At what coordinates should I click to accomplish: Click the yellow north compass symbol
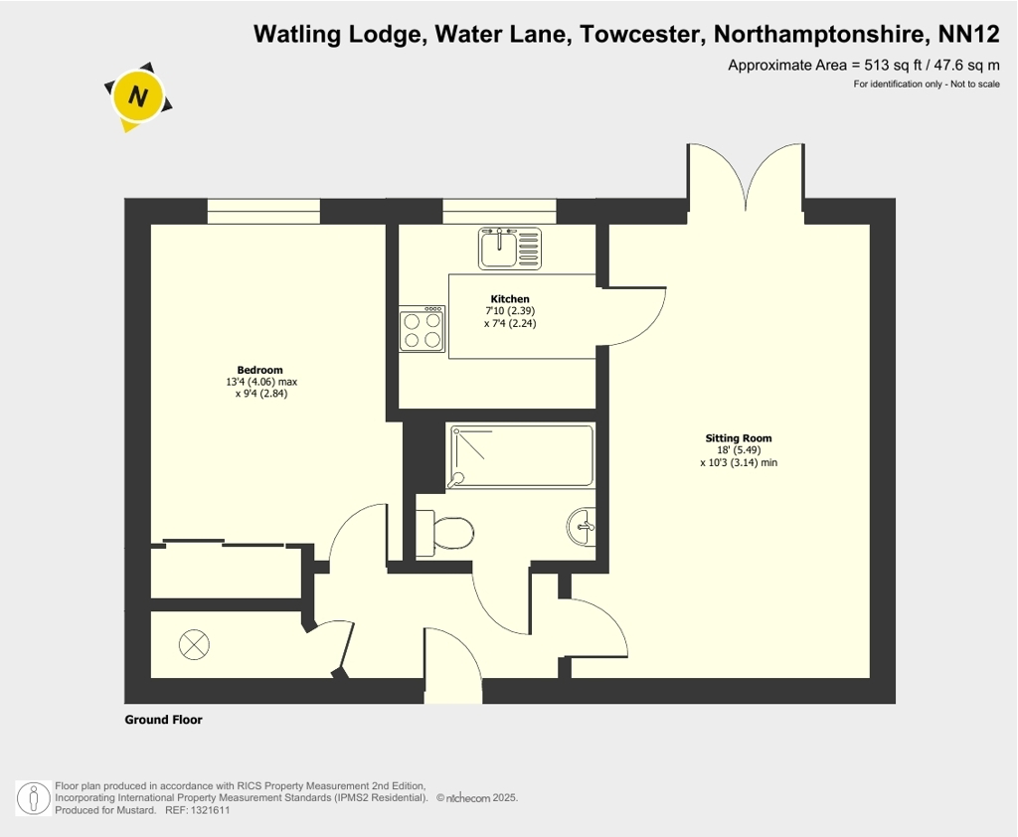coord(137,96)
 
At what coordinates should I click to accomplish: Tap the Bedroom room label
coord(259,370)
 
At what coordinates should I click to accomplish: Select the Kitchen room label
coord(510,299)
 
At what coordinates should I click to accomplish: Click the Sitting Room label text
coord(739,438)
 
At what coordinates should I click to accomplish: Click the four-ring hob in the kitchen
coord(422,329)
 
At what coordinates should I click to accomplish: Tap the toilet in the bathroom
coord(444,534)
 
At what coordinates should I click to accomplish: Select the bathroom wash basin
coord(582,527)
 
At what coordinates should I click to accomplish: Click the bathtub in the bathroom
coord(521,456)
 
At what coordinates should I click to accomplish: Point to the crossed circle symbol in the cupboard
coord(194,645)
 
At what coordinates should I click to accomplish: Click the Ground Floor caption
coord(164,720)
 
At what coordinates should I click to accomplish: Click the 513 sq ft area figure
coord(893,65)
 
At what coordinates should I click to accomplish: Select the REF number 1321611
coord(210,810)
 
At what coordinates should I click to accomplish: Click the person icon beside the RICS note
coord(33,798)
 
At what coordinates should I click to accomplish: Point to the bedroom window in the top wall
coord(263,212)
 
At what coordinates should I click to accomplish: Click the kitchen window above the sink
coord(499,212)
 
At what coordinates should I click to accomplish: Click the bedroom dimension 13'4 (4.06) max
coord(261,382)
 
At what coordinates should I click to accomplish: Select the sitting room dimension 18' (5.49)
coord(739,450)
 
